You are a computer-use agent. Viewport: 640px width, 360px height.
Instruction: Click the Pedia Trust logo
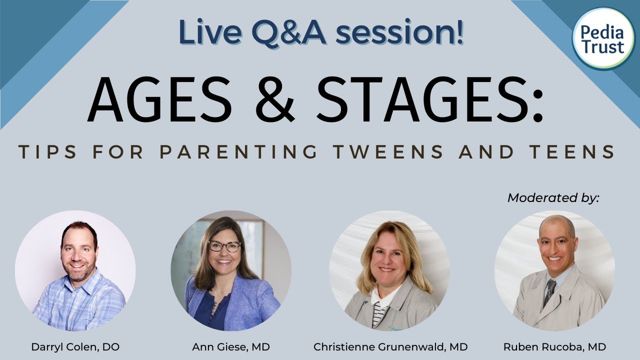point(602,39)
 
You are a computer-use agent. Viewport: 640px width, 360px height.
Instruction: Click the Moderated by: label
point(553,197)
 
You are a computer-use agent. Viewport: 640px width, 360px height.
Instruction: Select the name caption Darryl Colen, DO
point(75,346)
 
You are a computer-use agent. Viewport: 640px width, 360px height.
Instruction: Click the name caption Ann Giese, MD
point(231,346)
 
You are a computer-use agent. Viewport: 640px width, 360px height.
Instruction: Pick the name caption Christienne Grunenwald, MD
point(390,346)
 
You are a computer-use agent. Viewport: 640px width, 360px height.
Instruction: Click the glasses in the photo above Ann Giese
point(224,246)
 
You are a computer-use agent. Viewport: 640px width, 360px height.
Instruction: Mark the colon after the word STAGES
point(537,107)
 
